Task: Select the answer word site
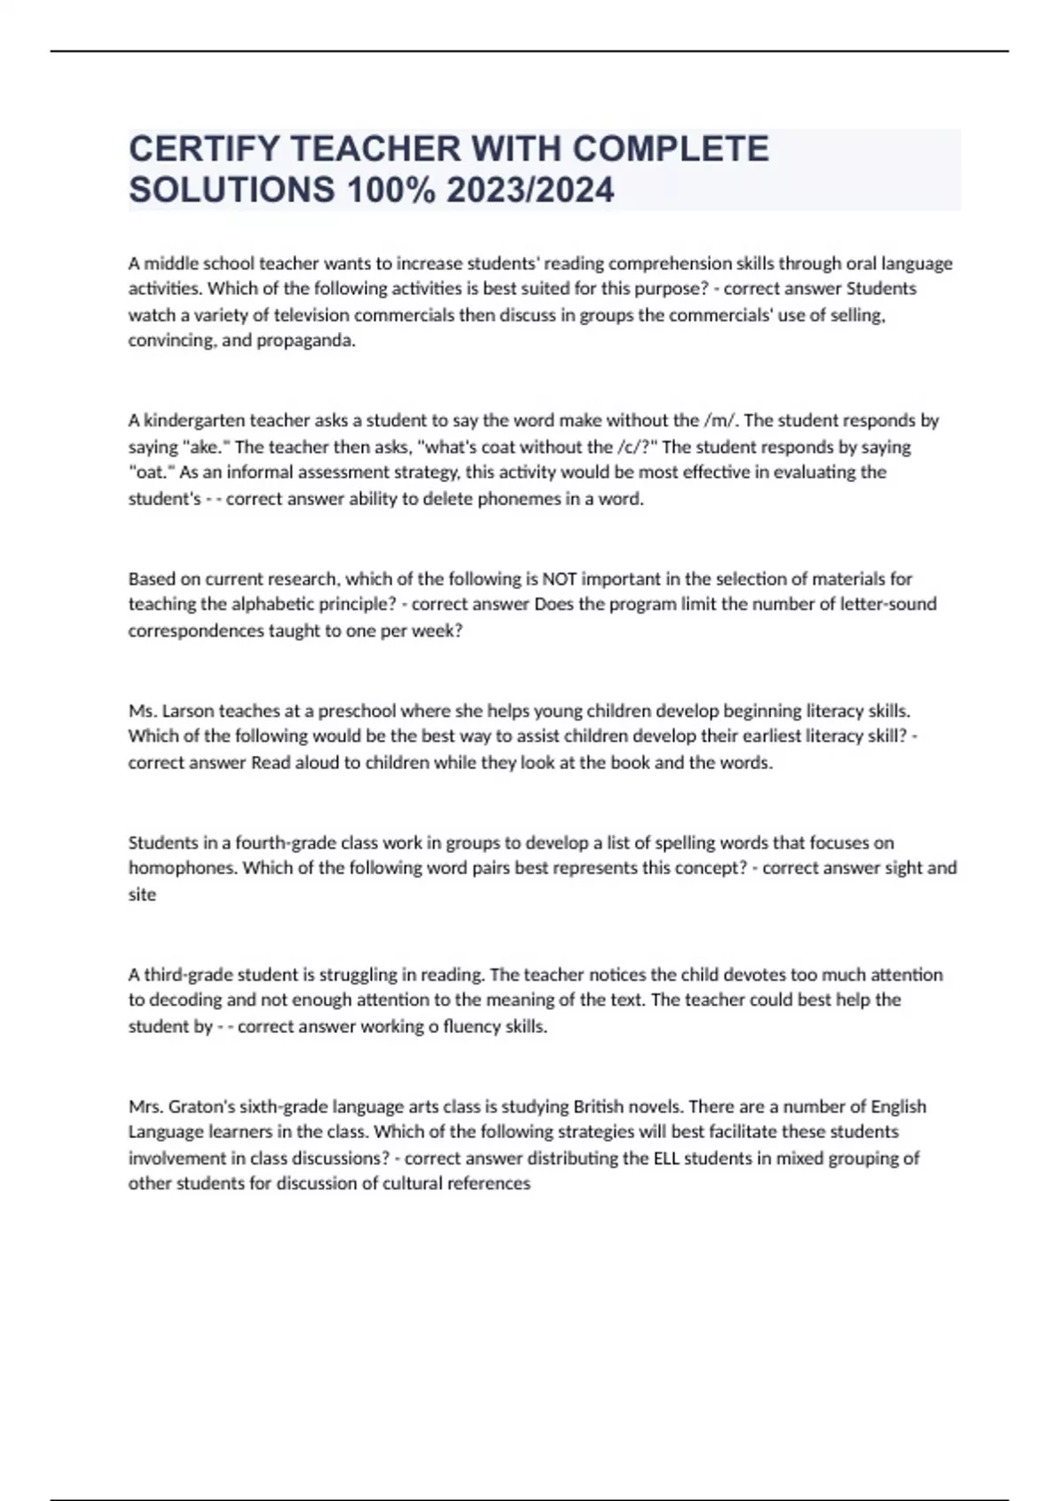point(142,894)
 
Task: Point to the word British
point(601,1106)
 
